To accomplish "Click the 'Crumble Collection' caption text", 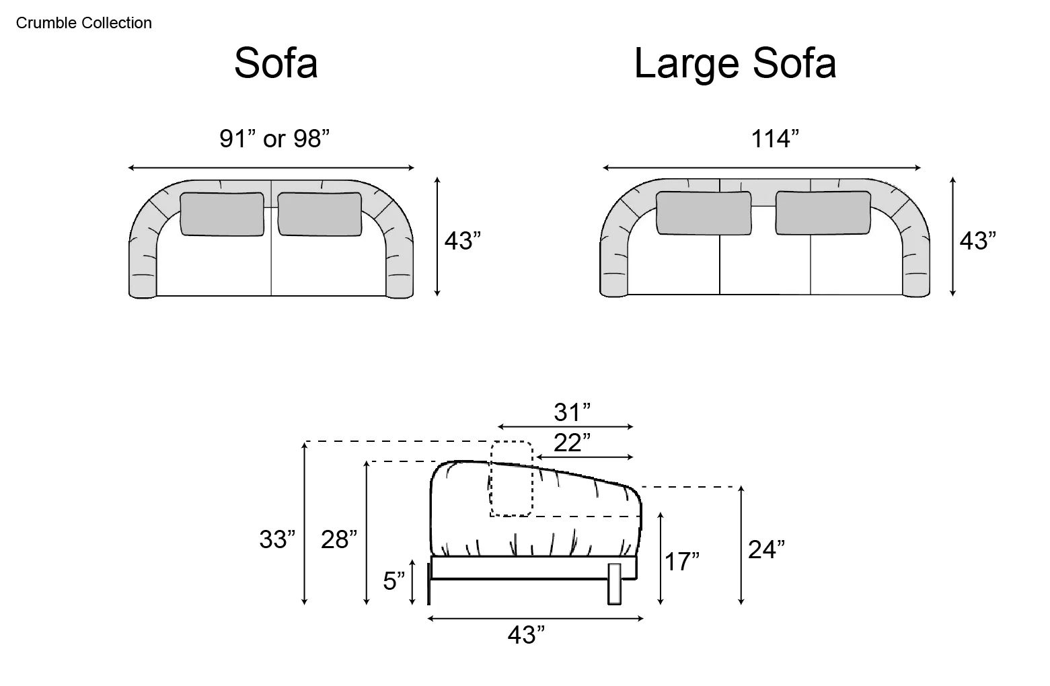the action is [84, 23].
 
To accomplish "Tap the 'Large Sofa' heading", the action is [735, 63].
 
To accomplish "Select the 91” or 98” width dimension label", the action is [274, 139].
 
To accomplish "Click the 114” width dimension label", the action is [775, 139].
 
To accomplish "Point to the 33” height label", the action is [278, 539].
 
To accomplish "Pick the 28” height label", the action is [339, 539].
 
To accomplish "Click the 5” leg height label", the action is [393, 581].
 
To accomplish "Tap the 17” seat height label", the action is [682, 562].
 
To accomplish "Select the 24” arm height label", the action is [766, 549].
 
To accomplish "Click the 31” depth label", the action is [572, 412].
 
